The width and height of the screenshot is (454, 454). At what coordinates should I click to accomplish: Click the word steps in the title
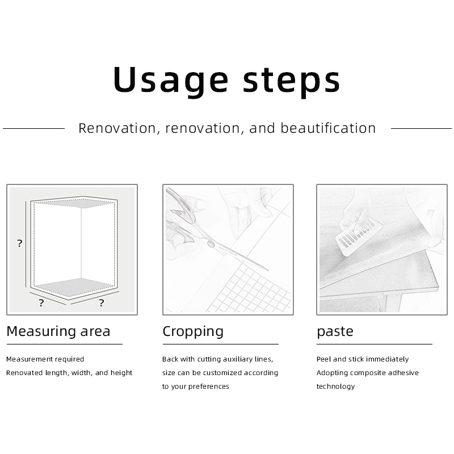pos(291,82)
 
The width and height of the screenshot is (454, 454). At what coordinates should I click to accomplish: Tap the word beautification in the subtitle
pos(328,128)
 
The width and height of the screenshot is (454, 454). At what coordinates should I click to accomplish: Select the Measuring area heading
pos(58,331)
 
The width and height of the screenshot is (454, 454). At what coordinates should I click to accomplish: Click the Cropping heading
pos(193,332)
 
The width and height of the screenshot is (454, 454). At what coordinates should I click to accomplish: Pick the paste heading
pos(335,332)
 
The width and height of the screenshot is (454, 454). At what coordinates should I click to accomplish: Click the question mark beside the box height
pos(19,243)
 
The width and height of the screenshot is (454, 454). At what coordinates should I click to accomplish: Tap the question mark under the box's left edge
pos(41,303)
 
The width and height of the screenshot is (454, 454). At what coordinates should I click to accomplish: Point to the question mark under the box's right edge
pos(102,303)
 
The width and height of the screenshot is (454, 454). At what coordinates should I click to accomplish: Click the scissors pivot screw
pos(211,244)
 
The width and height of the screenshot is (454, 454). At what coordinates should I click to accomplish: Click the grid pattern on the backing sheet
pos(249,289)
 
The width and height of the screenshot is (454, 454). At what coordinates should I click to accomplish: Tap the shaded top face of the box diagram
pos(76,203)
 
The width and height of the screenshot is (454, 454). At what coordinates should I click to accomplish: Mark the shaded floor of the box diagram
pos(76,287)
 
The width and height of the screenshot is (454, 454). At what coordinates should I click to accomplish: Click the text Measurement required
pos(45,359)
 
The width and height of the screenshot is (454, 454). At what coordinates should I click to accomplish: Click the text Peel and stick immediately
pos(363,359)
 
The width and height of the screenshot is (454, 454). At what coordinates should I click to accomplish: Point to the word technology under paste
pos(335,386)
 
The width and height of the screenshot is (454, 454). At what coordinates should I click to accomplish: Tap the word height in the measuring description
pos(121,373)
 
